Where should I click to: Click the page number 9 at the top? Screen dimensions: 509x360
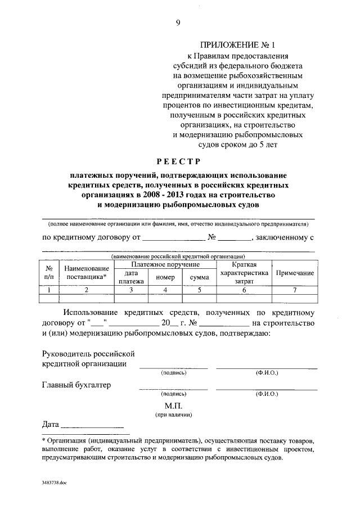point(178,22)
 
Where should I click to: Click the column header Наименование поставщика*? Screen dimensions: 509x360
point(87,273)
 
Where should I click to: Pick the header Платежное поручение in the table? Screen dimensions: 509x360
point(165,264)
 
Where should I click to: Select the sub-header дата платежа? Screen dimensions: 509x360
point(131,277)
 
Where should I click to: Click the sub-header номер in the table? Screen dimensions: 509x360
point(165,277)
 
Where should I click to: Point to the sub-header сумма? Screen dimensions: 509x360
point(199,277)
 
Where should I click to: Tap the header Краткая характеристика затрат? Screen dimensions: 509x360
point(244,272)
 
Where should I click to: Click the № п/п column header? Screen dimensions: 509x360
point(49,273)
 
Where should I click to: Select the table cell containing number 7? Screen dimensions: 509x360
point(294,290)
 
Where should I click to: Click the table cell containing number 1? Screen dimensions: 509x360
point(49,290)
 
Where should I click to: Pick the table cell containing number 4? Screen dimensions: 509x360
point(165,290)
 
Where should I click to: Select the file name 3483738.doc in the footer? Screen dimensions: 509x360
point(54,483)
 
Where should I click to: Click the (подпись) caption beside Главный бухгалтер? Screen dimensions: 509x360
point(173,395)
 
